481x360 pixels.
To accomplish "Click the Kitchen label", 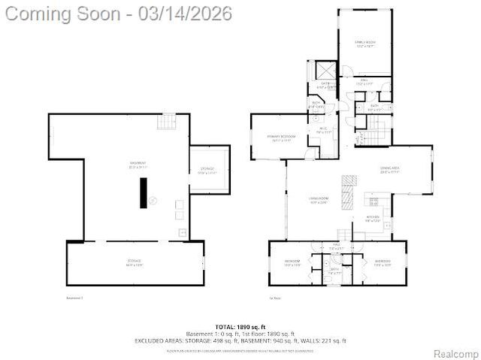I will (x=374, y=219).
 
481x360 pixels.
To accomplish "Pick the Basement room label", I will (x=138, y=165).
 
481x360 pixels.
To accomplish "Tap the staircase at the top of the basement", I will (x=166, y=121).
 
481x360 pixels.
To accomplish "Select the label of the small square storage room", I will (x=207, y=170).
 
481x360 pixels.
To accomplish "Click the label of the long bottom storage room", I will (x=135, y=262).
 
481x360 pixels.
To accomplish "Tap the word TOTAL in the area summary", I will (x=225, y=327).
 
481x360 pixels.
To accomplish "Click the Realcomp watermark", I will (x=454, y=353).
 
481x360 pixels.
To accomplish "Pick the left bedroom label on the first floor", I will (x=292, y=263).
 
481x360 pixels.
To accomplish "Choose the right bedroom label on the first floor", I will (x=382, y=262).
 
